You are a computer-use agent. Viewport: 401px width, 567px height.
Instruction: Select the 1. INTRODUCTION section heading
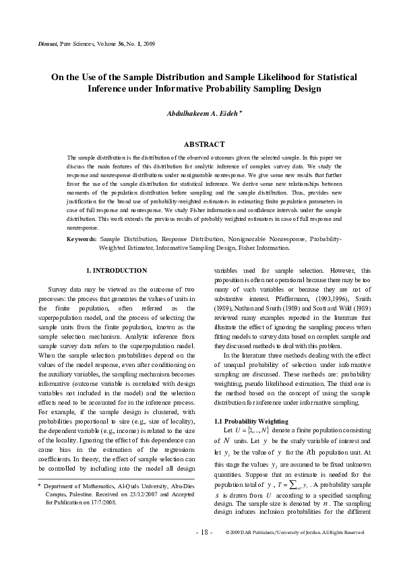point(119,271)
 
